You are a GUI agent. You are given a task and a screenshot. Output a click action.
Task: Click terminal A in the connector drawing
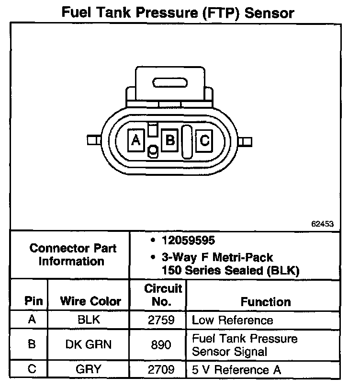(136, 140)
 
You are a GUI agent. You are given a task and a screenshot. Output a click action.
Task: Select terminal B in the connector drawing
(170, 140)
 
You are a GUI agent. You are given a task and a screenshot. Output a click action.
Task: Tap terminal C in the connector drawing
(204, 140)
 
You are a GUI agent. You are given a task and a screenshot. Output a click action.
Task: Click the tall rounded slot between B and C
(187, 141)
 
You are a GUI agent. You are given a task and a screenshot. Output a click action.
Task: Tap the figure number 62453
(323, 224)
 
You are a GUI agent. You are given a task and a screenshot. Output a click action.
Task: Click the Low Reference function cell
(232, 320)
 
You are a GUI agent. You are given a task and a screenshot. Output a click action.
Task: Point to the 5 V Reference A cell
(236, 370)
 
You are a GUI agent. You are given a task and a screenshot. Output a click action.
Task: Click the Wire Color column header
(90, 301)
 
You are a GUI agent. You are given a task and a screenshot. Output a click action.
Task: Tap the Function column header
(265, 301)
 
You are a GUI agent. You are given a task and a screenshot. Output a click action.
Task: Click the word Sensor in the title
(269, 13)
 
